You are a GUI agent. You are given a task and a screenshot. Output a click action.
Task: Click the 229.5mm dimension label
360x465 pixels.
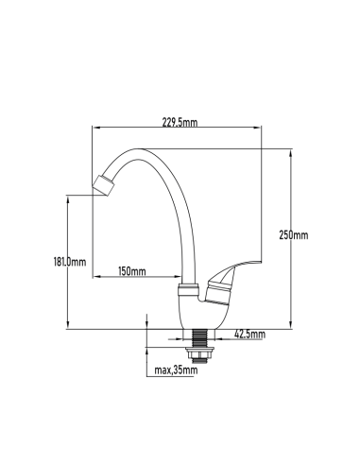(180, 122)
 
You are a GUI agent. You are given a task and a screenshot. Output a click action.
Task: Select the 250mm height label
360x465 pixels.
(294, 235)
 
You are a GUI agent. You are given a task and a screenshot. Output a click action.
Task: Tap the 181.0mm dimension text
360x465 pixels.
(70, 262)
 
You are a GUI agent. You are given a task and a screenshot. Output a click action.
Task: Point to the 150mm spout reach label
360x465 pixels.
(132, 271)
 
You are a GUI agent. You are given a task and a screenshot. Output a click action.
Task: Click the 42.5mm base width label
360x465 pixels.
(249, 334)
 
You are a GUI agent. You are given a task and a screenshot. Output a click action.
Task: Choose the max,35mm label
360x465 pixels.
(176, 370)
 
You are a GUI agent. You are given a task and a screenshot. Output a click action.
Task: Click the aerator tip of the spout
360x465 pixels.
(103, 185)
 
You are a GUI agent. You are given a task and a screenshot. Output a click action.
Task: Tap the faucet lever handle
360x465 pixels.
(233, 280)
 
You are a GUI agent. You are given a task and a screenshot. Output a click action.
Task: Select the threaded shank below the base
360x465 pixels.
(199, 338)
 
